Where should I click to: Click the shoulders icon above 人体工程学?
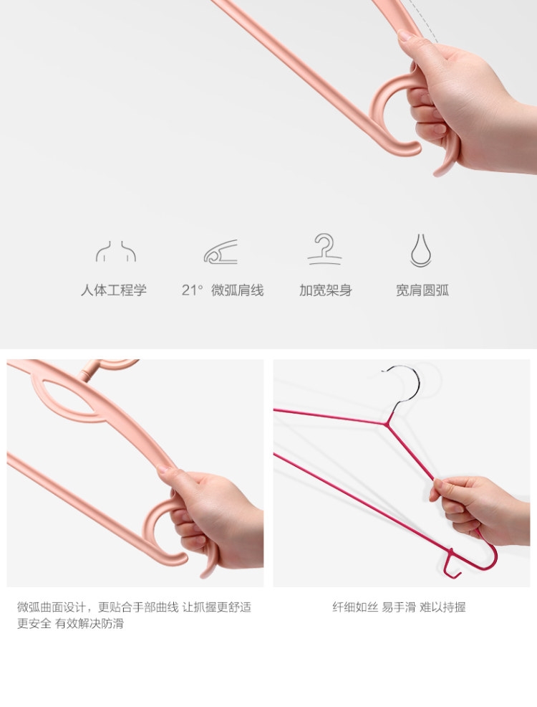point(116,251)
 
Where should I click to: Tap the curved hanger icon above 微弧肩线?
point(221,252)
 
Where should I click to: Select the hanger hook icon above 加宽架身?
point(325,248)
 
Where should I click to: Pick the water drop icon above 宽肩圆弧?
point(421,250)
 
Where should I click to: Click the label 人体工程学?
point(114,290)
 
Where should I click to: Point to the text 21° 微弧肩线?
point(223,290)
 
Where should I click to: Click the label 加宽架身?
point(326,290)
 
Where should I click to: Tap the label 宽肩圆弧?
point(422,290)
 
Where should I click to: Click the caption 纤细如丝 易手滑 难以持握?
point(399,607)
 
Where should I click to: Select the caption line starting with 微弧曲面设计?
point(134,607)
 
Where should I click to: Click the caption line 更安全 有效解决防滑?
point(70,624)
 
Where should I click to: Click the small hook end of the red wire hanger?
point(453,564)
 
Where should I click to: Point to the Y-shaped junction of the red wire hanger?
point(386,423)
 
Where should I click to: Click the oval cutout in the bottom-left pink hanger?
point(72,395)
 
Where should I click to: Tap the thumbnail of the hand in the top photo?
point(404,34)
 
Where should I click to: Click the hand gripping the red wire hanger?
point(480,510)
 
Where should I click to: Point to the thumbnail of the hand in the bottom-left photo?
point(164,470)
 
